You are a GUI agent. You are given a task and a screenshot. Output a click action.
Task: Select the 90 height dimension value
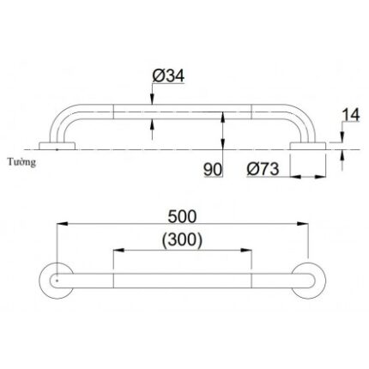tap(213, 170)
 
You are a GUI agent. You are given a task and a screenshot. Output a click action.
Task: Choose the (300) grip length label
tap(182, 239)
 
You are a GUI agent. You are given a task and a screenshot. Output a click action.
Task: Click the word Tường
tap(23, 160)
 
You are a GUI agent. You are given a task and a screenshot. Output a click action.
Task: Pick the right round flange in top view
tap(310, 281)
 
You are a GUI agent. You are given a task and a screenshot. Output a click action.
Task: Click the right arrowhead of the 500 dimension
tap(306, 225)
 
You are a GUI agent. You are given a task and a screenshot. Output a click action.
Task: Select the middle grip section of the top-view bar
tap(182, 281)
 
